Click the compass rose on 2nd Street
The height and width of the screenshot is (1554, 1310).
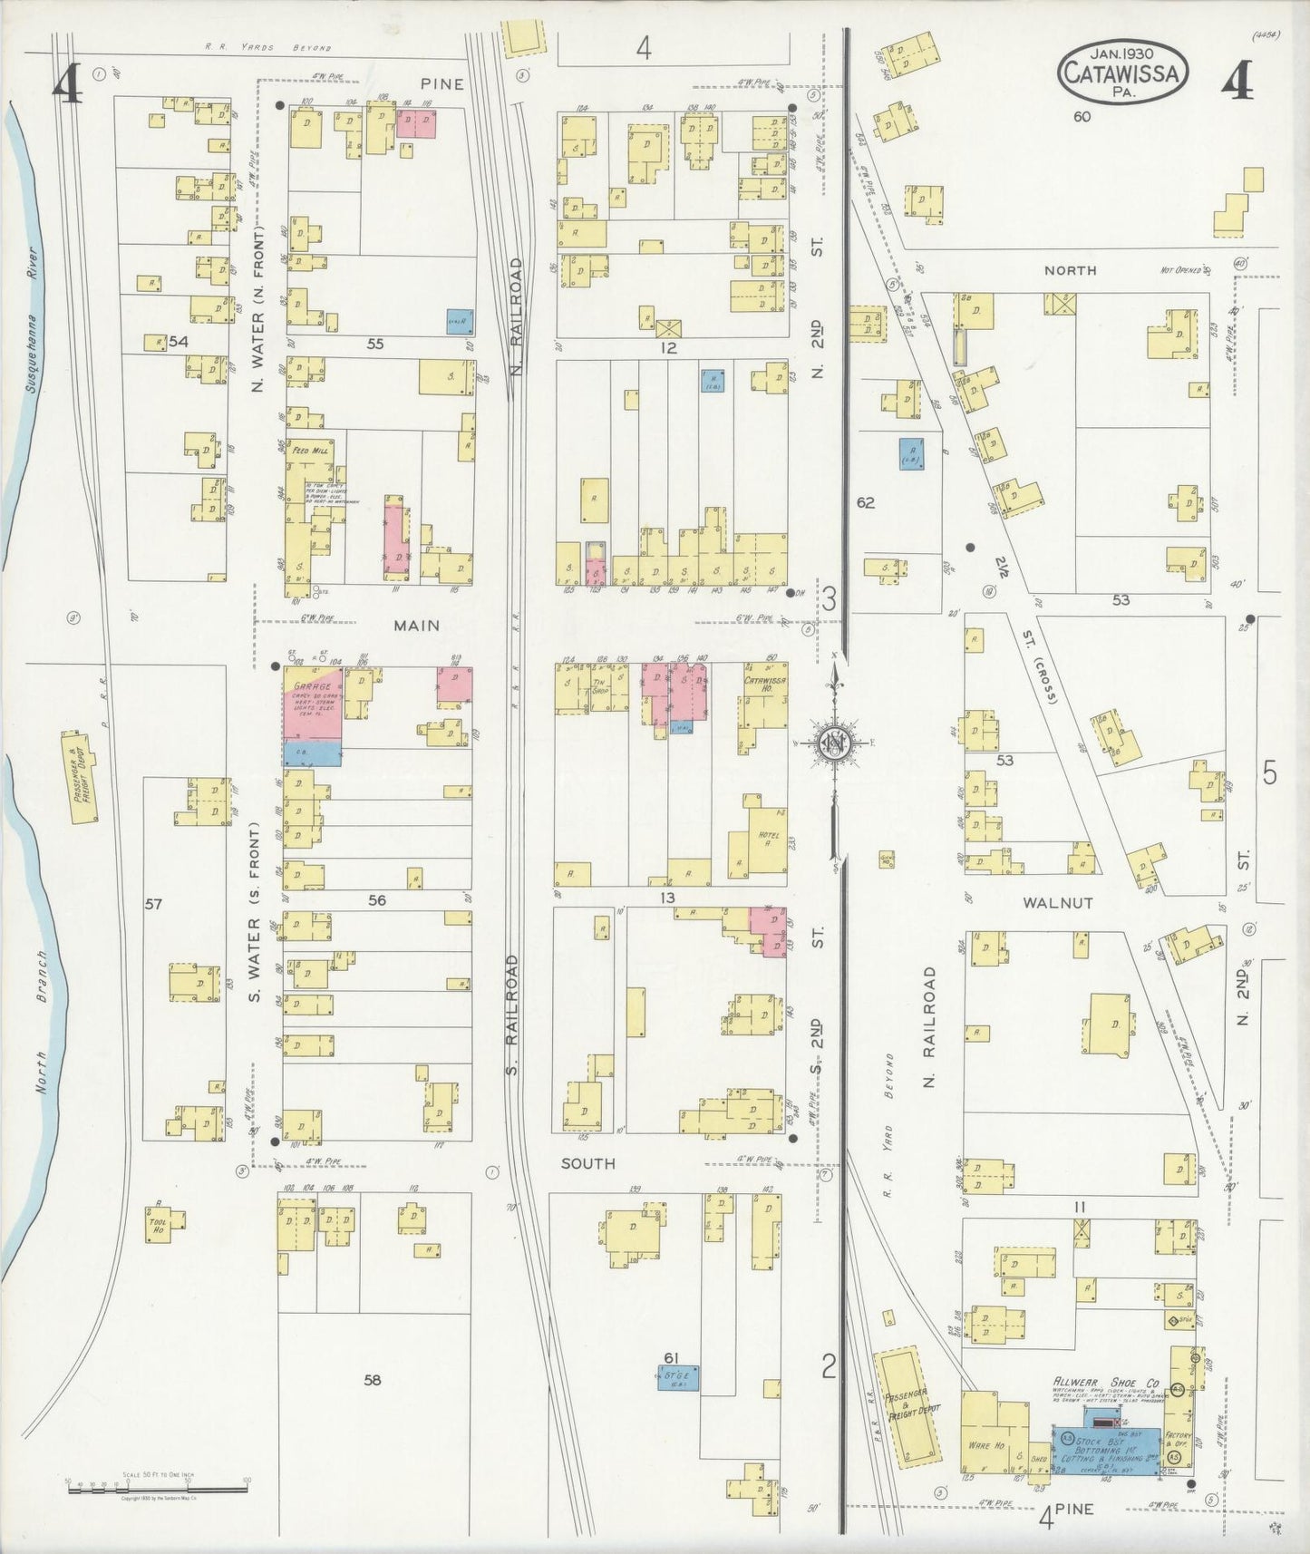[834, 743]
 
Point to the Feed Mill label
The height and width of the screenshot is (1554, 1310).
[308, 451]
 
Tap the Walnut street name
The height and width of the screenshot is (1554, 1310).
[1057, 903]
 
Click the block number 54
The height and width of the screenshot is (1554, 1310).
[178, 342]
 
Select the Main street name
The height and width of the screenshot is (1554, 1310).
[416, 625]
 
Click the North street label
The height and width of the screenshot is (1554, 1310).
[1070, 270]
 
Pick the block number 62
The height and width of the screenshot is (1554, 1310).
[866, 502]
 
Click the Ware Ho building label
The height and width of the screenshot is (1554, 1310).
[985, 1446]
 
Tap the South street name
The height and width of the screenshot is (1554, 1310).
[587, 1162]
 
